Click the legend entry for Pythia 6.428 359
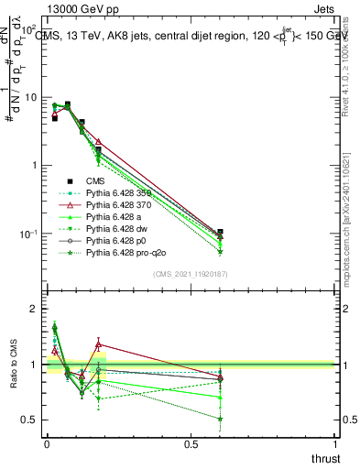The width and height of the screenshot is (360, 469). [118, 192]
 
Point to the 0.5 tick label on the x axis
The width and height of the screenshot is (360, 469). [191, 444]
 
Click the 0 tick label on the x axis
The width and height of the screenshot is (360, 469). [47, 444]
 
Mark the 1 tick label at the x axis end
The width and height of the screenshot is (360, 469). [335, 444]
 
